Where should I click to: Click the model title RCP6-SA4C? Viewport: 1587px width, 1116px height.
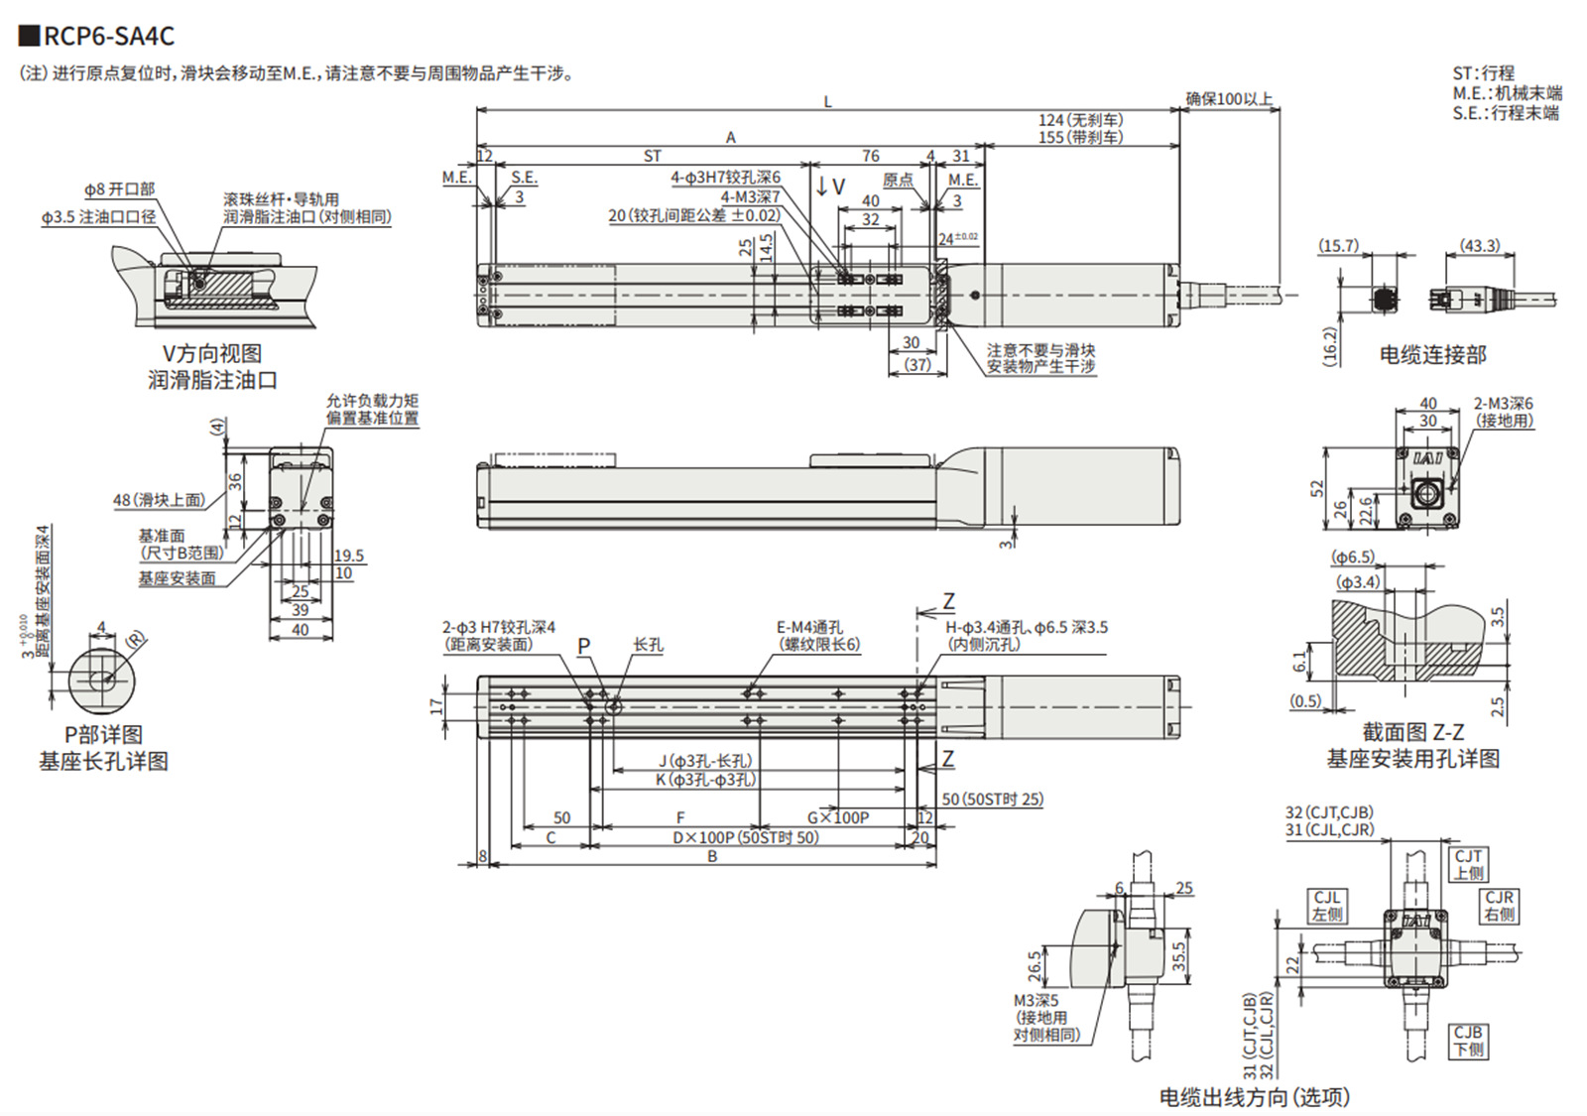tap(109, 36)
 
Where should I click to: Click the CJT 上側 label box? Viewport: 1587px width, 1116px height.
tap(1468, 864)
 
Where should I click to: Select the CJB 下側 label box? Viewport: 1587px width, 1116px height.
tap(1468, 1041)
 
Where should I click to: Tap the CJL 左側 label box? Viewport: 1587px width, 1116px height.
tap(1327, 905)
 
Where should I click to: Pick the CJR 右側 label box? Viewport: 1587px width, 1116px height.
tap(1499, 905)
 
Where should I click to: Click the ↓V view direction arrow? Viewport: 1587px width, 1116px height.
tap(830, 186)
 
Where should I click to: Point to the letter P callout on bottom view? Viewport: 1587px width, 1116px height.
tap(584, 646)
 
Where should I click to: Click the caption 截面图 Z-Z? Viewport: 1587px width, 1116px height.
tap(1412, 732)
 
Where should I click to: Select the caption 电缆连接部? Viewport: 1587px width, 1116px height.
tap(1432, 354)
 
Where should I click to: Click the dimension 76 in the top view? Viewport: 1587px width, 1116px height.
tap(870, 156)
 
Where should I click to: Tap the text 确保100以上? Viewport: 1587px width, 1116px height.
tap(1228, 98)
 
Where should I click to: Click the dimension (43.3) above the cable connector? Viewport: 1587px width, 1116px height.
tap(1480, 245)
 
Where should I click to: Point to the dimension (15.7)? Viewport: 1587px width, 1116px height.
tap(1338, 245)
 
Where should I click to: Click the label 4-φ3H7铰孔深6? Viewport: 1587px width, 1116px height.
tap(725, 178)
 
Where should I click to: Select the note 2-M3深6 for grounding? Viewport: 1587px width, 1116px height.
tap(1503, 404)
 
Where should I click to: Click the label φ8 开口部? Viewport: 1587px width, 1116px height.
tap(119, 188)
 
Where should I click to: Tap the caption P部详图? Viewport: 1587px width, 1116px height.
tap(103, 735)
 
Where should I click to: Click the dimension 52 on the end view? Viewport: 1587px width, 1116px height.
tap(1317, 488)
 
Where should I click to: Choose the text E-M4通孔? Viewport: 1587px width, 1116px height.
tap(809, 627)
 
